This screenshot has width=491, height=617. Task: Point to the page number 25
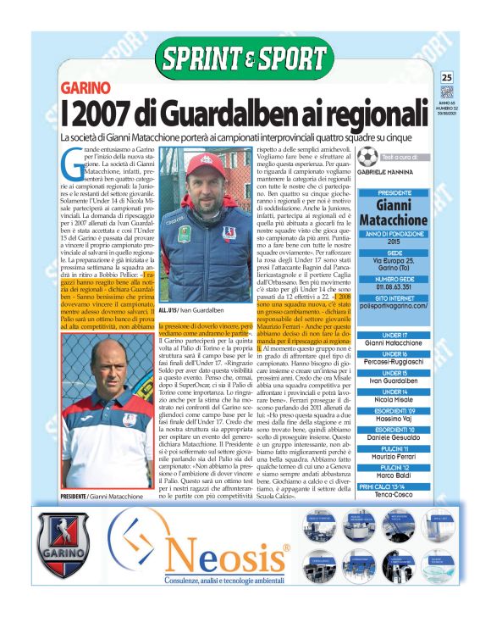click(447, 78)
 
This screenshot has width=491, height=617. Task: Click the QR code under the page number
click(447, 92)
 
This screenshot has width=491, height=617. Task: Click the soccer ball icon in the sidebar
click(367, 158)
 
